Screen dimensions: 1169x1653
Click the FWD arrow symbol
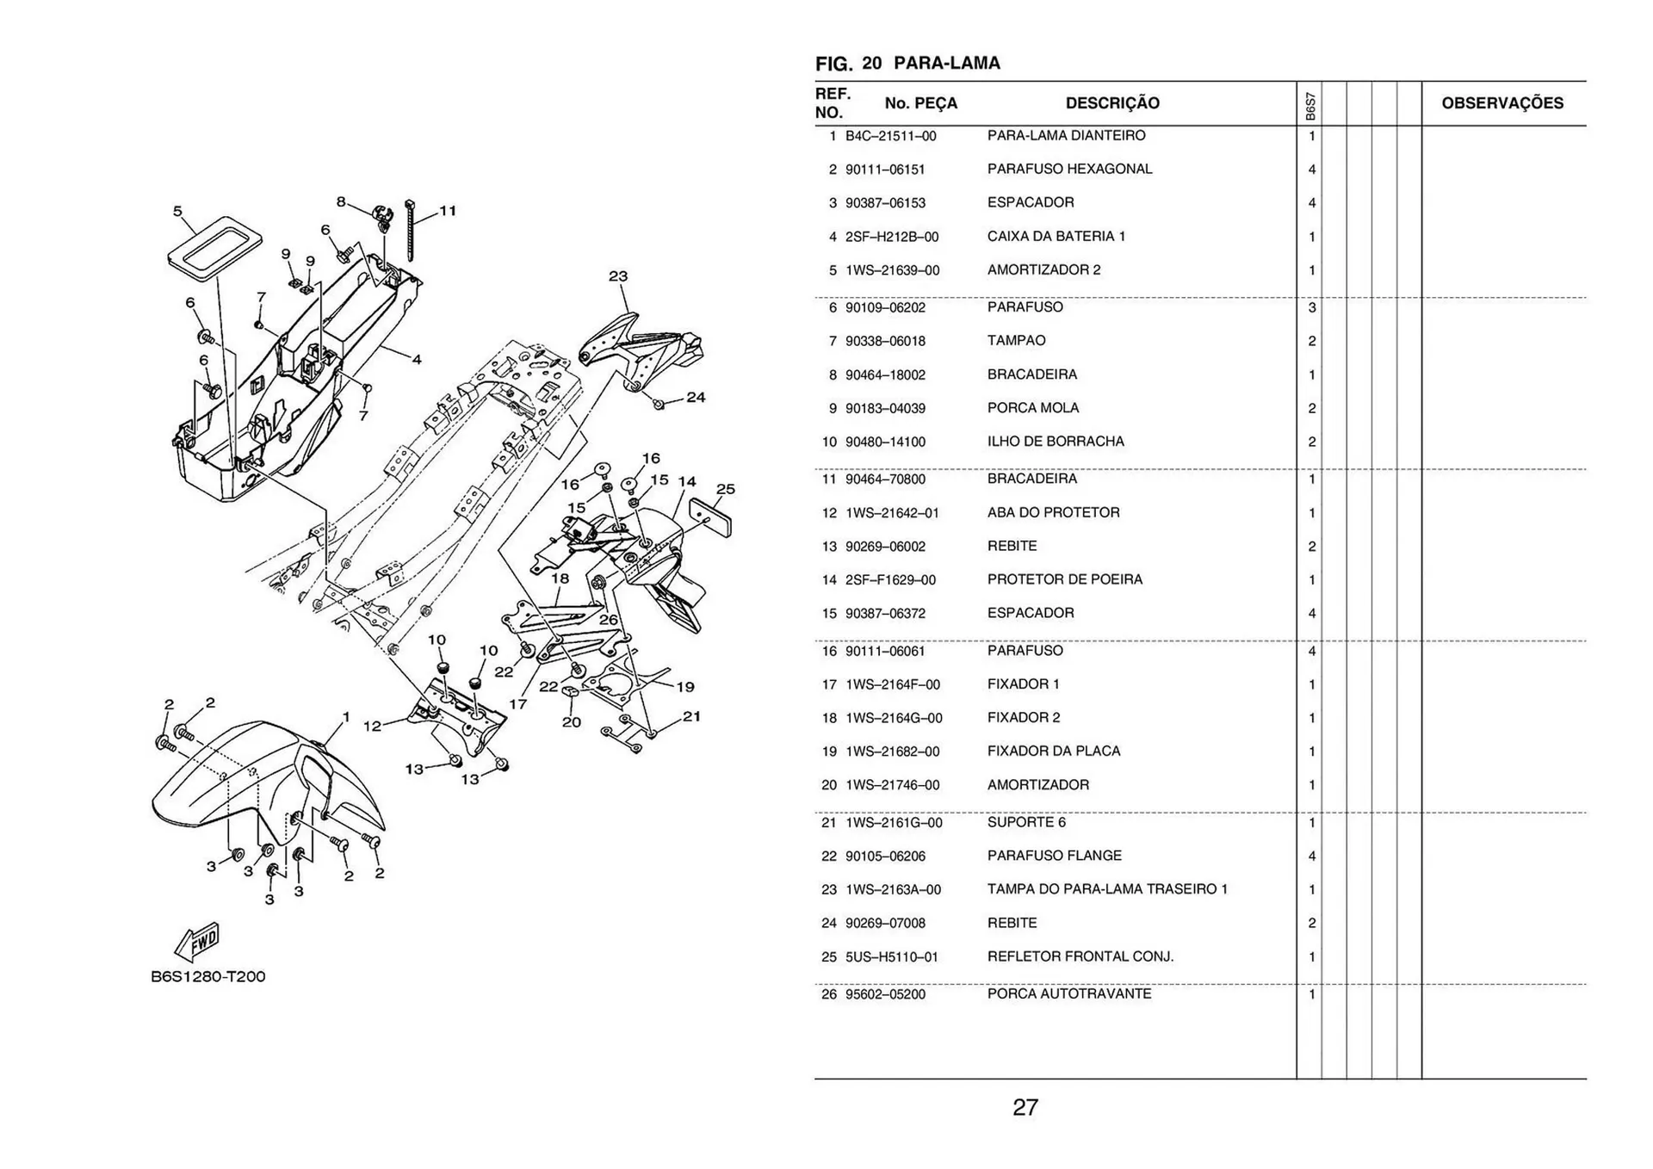[x=197, y=942]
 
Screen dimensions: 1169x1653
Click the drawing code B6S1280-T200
[x=208, y=977]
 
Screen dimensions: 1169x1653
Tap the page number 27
[x=1025, y=1107]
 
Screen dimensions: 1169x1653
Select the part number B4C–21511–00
[x=890, y=136]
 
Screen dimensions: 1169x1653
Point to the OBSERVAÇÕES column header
[x=1501, y=103]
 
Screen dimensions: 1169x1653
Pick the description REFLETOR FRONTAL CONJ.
[x=1080, y=956]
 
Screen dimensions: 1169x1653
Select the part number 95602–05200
[x=885, y=994]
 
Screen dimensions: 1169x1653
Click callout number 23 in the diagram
[x=618, y=276]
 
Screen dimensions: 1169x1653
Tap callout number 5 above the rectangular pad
[x=177, y=211]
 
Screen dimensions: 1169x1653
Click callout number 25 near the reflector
[x=725, y=489]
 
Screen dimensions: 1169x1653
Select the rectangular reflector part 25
[x=712, y=518]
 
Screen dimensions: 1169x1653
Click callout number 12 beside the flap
[x=372, y=726]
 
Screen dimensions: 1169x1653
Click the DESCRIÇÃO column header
[x=1111, y=103]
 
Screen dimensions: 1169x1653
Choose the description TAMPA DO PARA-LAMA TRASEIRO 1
[x=1107, y=889]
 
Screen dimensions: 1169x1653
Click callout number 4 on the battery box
[x=417, y=360]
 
